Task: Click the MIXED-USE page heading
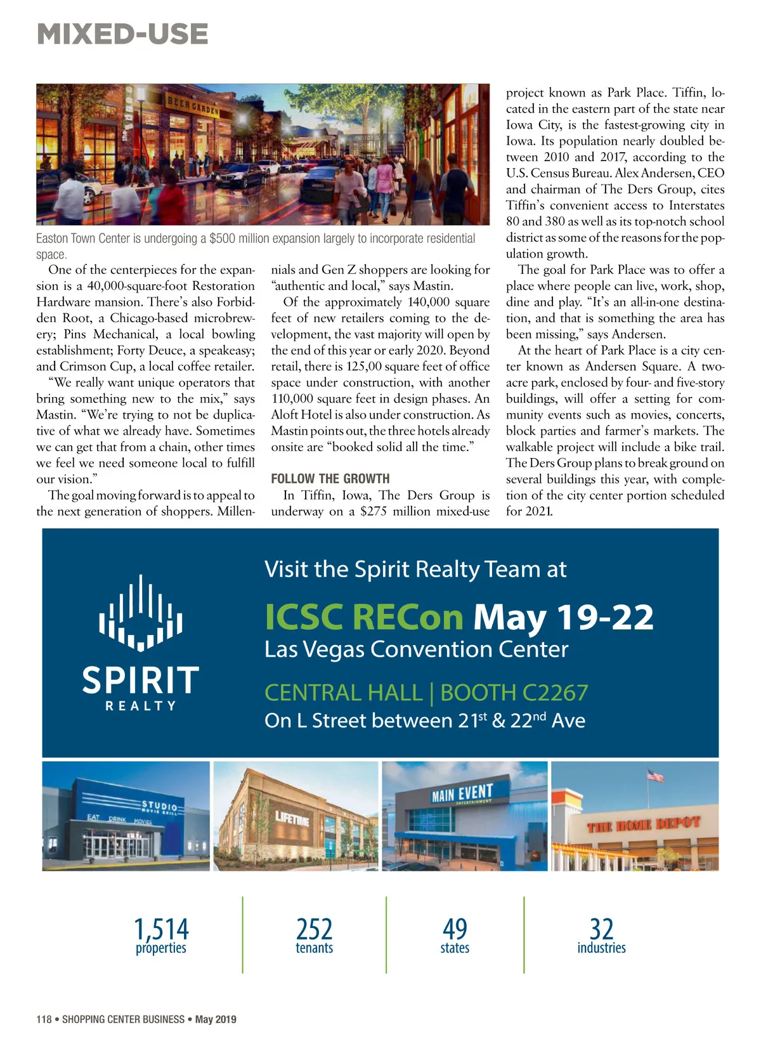pos(122,34)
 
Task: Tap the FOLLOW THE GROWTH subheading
pos(330,479)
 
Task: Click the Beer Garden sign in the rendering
pos(193,106)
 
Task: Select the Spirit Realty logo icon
pos(141,613)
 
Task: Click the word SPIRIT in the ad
pos(141,680)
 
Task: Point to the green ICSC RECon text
pos(364,617)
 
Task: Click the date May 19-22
pos(563,617)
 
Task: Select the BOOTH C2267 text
pos(514,693)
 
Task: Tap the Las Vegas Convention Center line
pos(416,650)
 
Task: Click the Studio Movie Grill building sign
pos(160,807)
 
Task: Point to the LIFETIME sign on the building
pos(292,819)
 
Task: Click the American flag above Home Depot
pos(655,775)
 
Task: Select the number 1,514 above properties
pos(161,929)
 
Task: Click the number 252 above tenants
pos(314,929)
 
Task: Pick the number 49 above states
pos(455,929)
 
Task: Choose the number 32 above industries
pos(601,929)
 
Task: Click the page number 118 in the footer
pos(44,1019)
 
